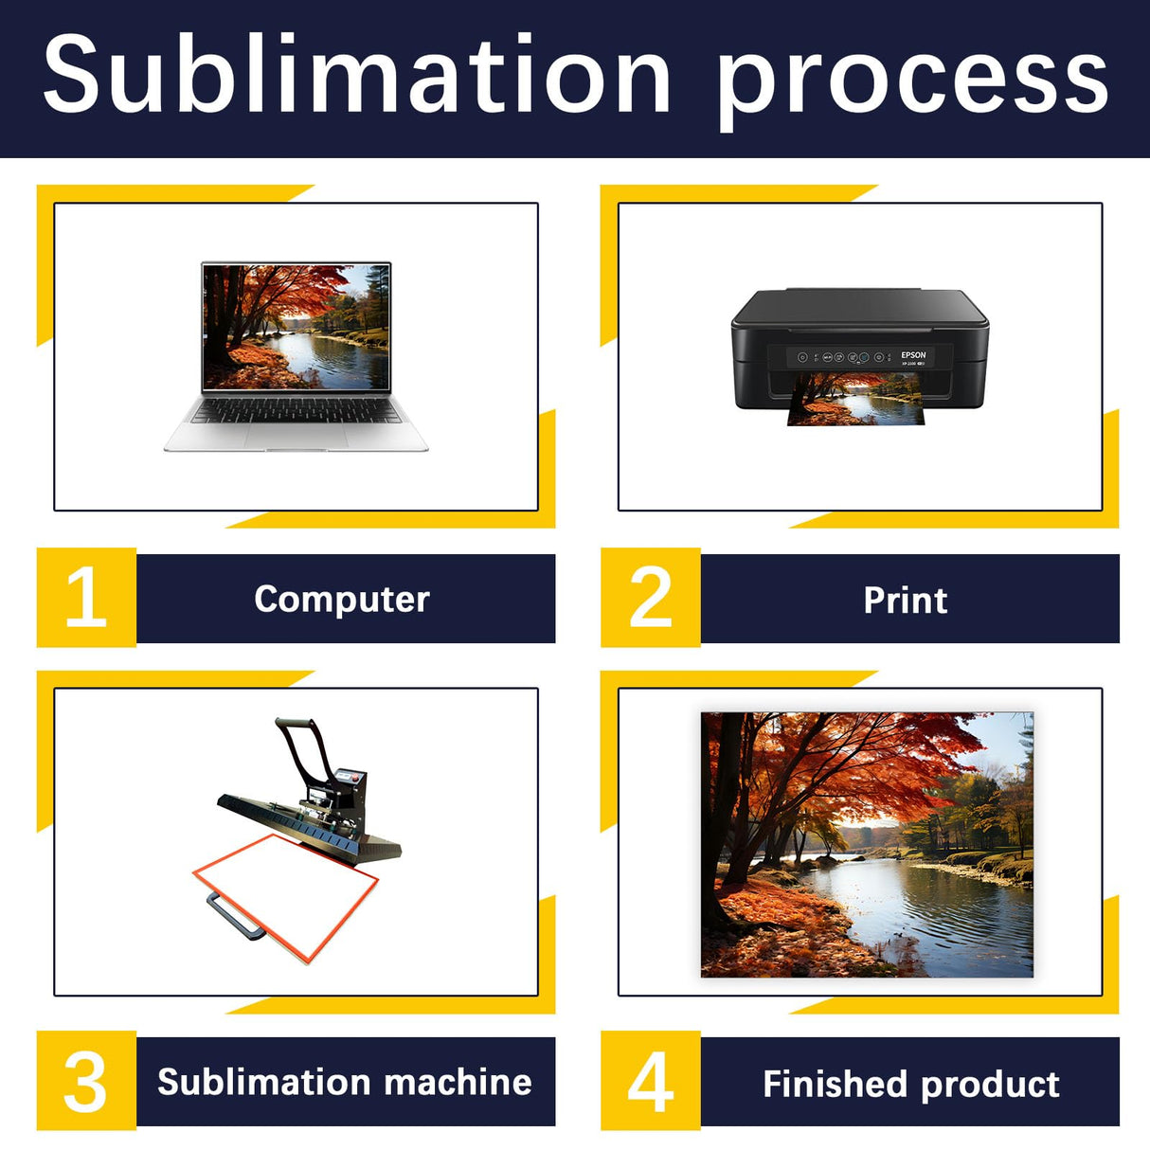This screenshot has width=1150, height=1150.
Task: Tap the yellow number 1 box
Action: click(86, 598)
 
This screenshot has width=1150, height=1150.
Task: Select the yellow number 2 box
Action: click(651, 598)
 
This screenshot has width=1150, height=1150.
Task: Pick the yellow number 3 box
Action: click(86, 1081)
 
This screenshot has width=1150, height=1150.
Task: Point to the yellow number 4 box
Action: click(651, 1081)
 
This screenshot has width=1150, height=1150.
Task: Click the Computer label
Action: click(342, 599)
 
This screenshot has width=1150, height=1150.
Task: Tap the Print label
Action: click(905, 600)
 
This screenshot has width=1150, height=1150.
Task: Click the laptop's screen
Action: click(296, 326)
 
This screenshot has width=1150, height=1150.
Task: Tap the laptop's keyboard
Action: click(296, 410)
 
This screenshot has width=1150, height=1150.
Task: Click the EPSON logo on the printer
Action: click(913, 355)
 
